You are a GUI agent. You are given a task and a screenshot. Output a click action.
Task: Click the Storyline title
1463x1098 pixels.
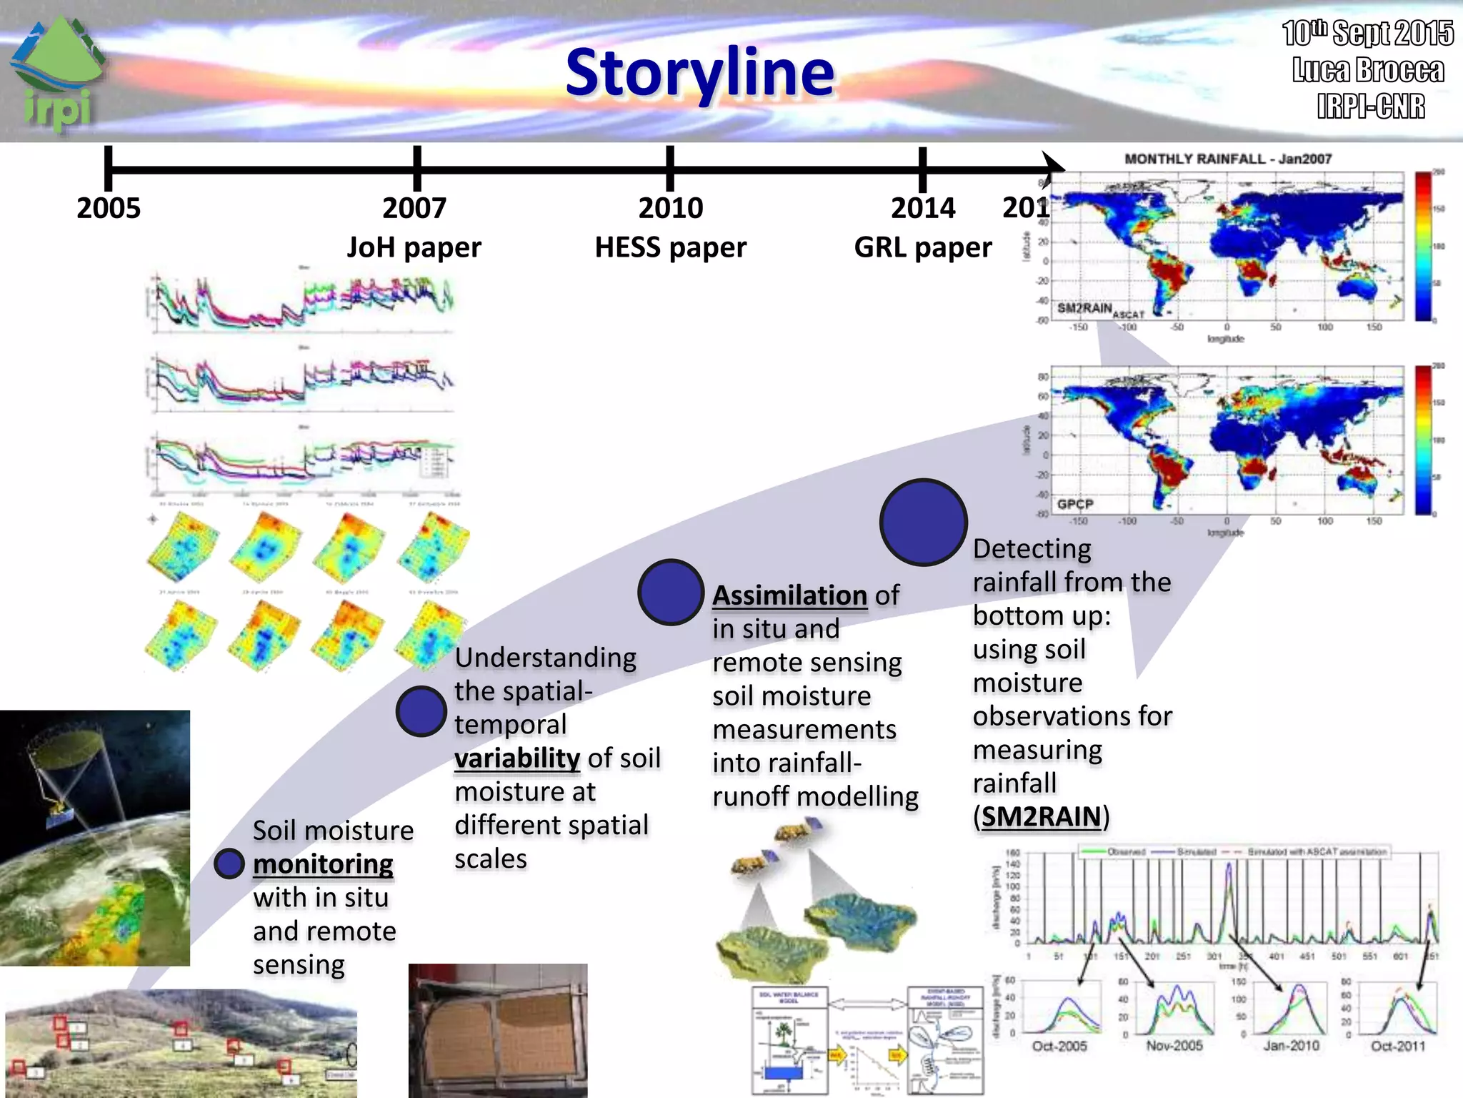tap(699, 72)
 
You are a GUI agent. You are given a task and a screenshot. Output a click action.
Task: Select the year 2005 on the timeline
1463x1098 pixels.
tap(109, 208)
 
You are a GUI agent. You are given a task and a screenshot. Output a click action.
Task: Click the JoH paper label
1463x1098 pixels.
tap(414, 247)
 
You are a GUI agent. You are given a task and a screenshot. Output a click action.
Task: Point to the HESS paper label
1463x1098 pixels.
tap(670, 247)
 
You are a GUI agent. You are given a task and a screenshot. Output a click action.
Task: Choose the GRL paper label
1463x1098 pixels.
tap(922, 247)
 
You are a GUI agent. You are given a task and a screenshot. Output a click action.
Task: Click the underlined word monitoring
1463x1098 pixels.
tap(323, 864)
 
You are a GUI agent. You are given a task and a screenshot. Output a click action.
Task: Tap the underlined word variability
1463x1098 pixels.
tap(517, 758)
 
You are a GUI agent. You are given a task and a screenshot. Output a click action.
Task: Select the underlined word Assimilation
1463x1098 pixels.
tap(789, 595)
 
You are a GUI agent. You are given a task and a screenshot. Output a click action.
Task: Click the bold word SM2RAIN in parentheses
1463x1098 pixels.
tap(1041, 816)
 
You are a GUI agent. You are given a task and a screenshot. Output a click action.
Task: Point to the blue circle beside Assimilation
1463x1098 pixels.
tap(670, 593)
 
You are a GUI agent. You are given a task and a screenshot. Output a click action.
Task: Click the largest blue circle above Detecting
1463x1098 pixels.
tap(923, 522)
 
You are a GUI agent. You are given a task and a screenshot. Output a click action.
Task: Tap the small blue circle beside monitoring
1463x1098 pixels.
tap(229, 864)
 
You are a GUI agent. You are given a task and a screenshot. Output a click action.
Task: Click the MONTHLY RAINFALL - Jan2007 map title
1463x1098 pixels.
tap(1228, 159)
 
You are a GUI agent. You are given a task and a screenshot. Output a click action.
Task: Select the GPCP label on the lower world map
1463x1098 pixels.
tap(1075, 504)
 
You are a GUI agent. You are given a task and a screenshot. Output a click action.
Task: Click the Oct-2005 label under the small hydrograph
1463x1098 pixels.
tap(1059, 1046)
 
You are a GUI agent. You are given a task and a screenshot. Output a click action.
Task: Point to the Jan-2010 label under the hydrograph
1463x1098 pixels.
tap(1291, 1046)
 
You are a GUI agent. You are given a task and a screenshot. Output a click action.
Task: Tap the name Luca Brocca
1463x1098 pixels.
tap(1368, 70)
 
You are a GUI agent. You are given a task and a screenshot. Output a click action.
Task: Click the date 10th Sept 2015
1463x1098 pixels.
tap(1367, 33)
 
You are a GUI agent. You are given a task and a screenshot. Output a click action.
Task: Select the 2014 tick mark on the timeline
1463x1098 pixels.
tap(922, 169)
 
